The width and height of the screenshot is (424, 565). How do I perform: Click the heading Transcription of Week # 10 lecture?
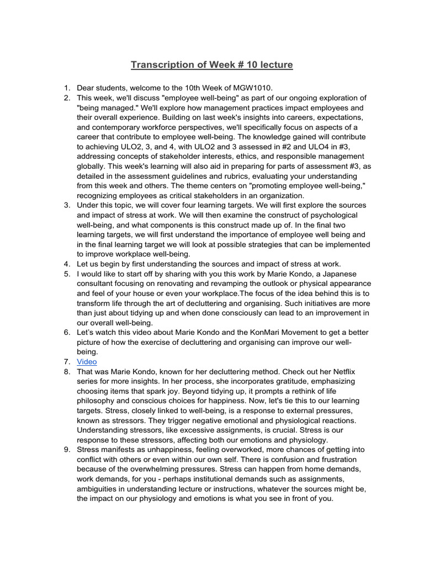coord(211,65)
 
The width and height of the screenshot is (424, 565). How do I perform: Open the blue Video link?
coord(87,361)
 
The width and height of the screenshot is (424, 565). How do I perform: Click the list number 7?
coord(66,361)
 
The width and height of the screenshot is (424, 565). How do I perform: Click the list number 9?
coord(66,450)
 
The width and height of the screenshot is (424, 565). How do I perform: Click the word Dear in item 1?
coord(87,88)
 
